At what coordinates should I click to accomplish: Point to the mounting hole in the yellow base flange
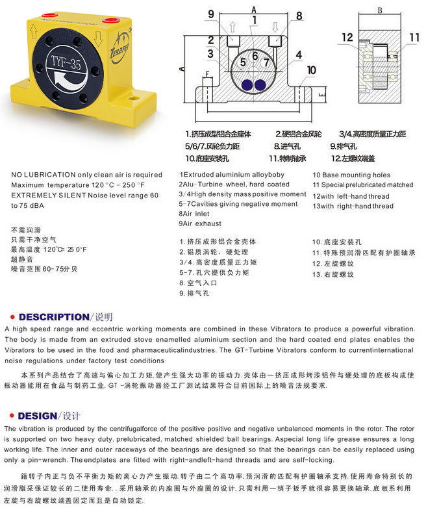(134, 99)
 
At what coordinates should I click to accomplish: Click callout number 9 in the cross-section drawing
(210, 15)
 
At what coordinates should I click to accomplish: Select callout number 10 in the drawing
(311, 70)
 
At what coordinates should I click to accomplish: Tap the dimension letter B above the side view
(379, 11)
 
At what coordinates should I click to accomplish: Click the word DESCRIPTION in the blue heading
(53, 317)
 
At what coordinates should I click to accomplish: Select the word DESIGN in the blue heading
(37, 416)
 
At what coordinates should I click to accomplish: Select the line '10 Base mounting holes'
(351, 175)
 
